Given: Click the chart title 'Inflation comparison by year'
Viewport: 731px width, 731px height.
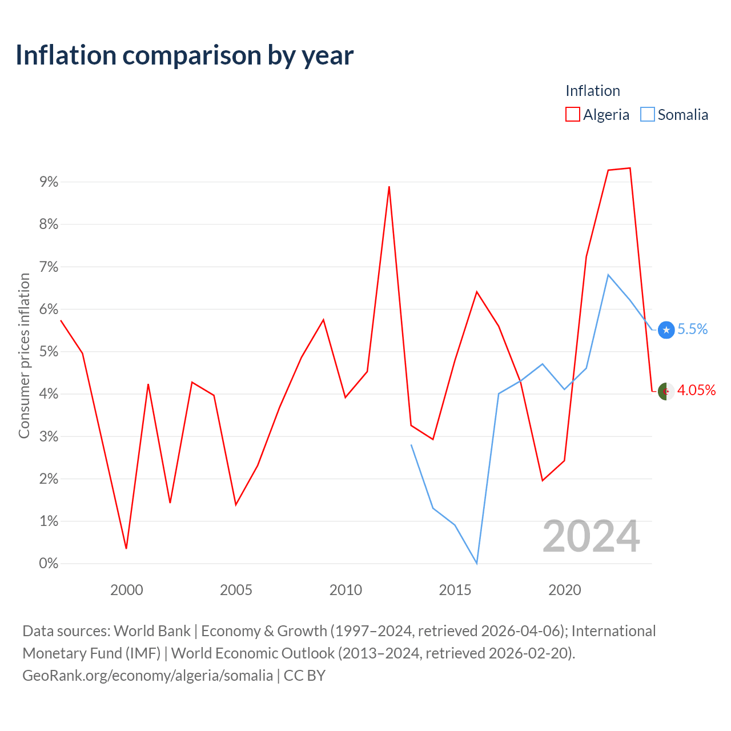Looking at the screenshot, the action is point(184,56).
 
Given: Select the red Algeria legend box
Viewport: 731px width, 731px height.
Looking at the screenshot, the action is point(572,114).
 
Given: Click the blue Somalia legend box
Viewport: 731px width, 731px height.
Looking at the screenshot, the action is point(647,114).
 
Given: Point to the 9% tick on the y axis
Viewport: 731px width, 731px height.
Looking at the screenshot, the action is point(49,182).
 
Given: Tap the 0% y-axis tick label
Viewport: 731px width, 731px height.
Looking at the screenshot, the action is point(49,563).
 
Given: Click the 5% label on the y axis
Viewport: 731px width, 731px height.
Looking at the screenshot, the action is point(49,351).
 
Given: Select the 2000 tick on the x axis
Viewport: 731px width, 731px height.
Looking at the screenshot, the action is point(126,591).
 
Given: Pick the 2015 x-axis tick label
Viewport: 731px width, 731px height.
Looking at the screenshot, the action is point(455,591).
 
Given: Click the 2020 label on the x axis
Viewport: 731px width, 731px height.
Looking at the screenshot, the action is point(564,591).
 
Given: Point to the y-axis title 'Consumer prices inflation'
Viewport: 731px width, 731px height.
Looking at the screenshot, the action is point(24,356).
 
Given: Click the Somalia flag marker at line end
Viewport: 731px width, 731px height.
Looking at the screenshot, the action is point(666,330).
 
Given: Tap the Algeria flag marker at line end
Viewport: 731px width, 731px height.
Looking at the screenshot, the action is point(666,391).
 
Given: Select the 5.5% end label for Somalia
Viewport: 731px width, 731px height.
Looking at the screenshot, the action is point(692,329).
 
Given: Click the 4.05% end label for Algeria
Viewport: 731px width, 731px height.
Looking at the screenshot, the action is point(696,390).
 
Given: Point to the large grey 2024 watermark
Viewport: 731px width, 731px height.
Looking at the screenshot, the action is point(591,536).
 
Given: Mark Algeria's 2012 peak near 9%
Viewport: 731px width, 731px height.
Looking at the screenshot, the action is point(389,187).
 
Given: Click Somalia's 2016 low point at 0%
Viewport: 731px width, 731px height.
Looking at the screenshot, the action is point(477,563).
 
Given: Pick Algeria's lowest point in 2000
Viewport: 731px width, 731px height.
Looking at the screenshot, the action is point(126,548).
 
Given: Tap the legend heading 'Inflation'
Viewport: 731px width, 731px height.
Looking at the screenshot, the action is point(593,91).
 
